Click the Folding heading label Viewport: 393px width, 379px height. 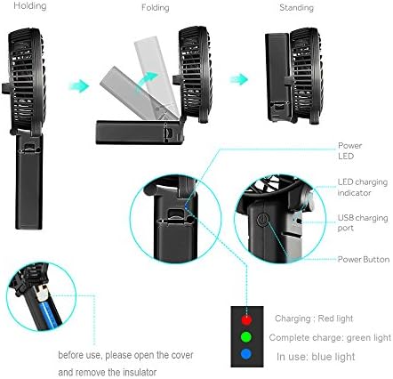point(156,7)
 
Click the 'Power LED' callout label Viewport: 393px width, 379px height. point(349,150)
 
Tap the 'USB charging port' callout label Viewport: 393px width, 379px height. point(363,222)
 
